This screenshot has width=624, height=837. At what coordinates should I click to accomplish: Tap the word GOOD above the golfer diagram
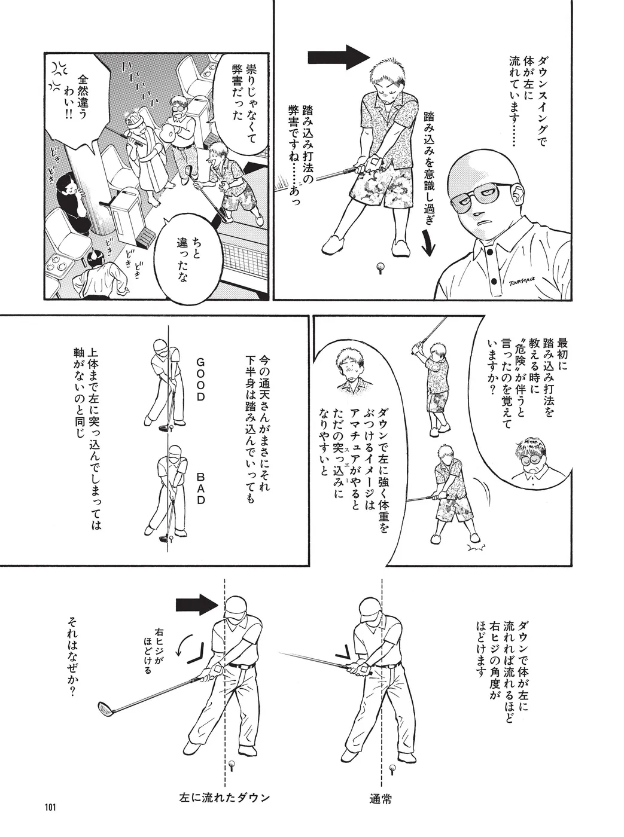click(x=200, y=381)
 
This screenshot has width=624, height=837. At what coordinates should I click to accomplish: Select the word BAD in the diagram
click(x=200, y=490)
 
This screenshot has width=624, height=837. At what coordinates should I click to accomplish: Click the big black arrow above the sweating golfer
click(x=338, y=57)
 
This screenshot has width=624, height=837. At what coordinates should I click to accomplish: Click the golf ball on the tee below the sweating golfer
click(x=380, y=267)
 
